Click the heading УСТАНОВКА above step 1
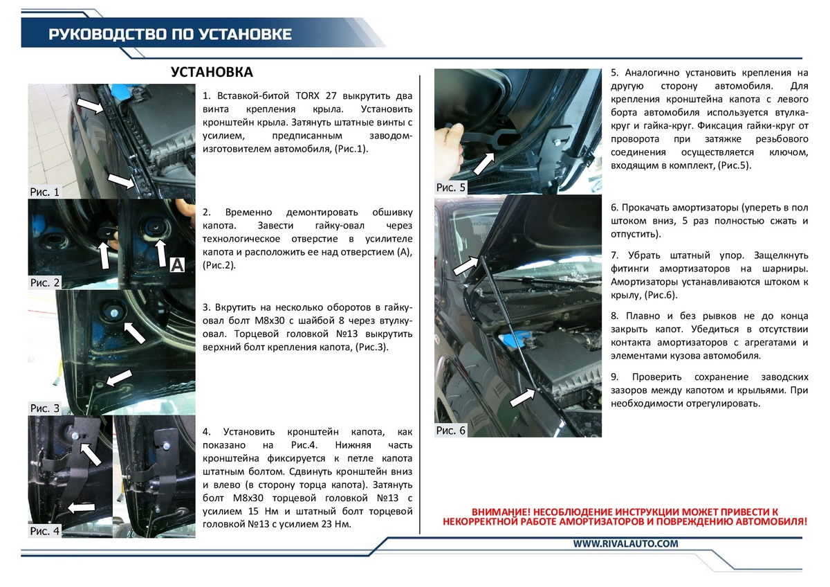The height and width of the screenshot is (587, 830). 212,73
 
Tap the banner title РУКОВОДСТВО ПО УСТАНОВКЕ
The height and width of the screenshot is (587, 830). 170,35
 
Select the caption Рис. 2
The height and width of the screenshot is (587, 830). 45,282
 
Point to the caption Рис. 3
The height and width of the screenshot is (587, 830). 45,408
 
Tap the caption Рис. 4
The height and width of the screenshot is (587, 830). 45,532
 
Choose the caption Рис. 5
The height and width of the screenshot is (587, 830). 451,188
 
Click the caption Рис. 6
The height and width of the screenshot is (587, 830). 451,431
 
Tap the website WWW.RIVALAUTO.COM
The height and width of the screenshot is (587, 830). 626,544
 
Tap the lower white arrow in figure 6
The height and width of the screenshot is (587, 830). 523,397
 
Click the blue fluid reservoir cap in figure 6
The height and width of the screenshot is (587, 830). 515,340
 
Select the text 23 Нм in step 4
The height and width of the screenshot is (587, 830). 335,524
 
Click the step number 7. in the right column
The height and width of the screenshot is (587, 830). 615,255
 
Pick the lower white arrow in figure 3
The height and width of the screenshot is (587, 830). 118,377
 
